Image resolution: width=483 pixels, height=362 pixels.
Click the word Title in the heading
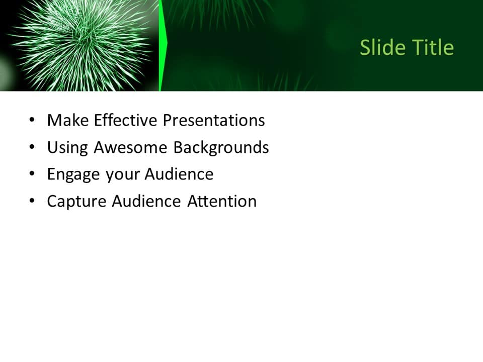(433, 48)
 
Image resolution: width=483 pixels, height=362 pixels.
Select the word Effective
(126, 121)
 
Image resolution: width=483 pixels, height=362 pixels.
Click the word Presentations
(214, 121)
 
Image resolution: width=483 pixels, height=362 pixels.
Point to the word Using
(67, 148)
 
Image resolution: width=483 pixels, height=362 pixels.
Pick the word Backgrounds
(221, 148)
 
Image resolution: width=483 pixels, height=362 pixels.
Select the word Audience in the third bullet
(179, 174)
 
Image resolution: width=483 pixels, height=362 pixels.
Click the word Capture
(76, 202)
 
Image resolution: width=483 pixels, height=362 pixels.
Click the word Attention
(222, 202)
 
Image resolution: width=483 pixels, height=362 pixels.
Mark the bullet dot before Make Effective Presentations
(32, 121)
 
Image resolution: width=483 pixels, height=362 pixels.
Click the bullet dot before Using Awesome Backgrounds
(32, 147)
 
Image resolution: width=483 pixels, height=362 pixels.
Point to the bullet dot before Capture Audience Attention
(32, 201)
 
